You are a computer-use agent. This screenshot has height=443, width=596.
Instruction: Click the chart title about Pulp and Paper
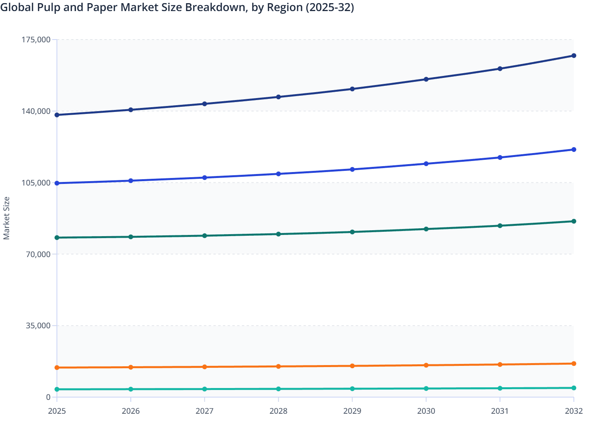click(x=177, y=8)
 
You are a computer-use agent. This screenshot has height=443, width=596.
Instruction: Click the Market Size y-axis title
click(x=6, y=218)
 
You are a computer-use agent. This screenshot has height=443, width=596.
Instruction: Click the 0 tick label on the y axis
click(x=48, y=397)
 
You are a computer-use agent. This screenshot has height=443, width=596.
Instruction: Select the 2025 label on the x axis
click(x=57, y=411)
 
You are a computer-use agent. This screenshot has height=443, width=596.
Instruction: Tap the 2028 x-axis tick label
click(x=278, y=411)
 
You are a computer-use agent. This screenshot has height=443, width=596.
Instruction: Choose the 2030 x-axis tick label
click(x=426, y=411)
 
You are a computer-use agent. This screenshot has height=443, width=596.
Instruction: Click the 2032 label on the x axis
click(x=573, y=411)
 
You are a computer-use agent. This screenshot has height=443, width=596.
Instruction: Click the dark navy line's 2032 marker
click(x=573, y=56)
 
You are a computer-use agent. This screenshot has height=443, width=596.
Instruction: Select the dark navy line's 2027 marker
click(x=205, y=104)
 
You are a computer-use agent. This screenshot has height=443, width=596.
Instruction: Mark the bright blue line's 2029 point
click(x=352, y=169)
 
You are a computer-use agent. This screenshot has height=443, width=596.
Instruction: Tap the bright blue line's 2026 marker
click(x=131, y=181)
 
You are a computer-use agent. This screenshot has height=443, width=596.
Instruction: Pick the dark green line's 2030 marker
click(x=426, y=229)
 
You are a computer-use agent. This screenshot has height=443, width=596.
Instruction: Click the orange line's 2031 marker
click(x=500, y=364)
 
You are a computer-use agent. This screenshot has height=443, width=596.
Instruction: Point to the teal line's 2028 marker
click(x=278, y=389)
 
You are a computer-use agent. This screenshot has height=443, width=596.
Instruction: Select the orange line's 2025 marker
click(x=57, y=367)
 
